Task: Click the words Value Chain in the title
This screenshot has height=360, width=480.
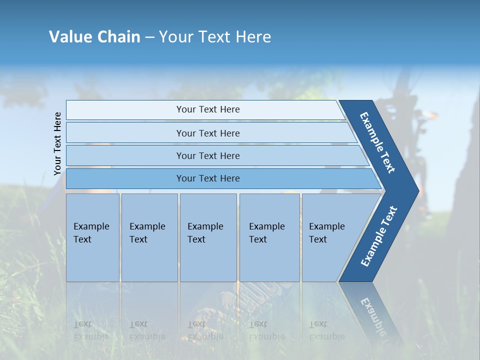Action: [94, 37]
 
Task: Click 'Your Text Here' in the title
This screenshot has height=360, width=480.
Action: [214, 37]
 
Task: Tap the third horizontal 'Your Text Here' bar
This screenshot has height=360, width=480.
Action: [208, 155]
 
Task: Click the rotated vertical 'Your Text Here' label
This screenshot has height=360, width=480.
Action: [57, 143]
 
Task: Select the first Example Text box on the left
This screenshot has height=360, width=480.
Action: [92, 237]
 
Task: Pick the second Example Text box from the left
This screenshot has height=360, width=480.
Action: [148, 237]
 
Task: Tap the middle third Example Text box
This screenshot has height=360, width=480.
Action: [207, 237]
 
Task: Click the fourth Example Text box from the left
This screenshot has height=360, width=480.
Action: [269, 237]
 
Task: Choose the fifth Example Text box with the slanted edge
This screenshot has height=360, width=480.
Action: [330, 237]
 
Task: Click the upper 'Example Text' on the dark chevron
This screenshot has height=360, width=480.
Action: [377, 142]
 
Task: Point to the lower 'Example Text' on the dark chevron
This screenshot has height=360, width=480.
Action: [379, 236]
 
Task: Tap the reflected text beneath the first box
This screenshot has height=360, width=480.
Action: [91, 330]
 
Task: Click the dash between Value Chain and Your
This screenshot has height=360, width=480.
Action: [149, 37]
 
